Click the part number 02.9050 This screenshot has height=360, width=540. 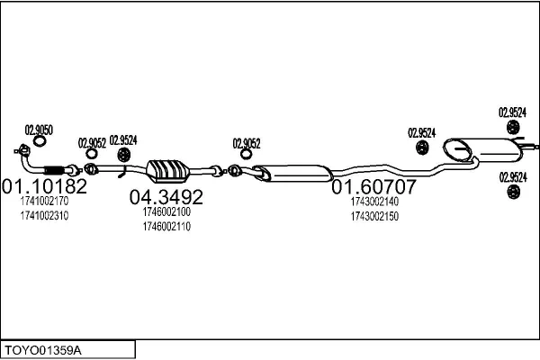(39, 130)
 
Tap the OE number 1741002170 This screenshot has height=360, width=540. (43, 202)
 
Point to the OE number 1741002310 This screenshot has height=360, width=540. (43, 216)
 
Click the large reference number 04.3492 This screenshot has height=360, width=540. (166, 196)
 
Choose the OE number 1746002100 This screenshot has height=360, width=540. (166, 211)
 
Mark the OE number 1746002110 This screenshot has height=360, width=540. (166, 226)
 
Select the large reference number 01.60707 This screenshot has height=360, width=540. (374, 187)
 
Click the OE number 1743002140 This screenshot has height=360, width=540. (374, 202)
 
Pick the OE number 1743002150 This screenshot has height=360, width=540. (374, 217)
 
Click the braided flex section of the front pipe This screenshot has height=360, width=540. (56, 170)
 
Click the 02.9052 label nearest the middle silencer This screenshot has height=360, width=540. (247, 142)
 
